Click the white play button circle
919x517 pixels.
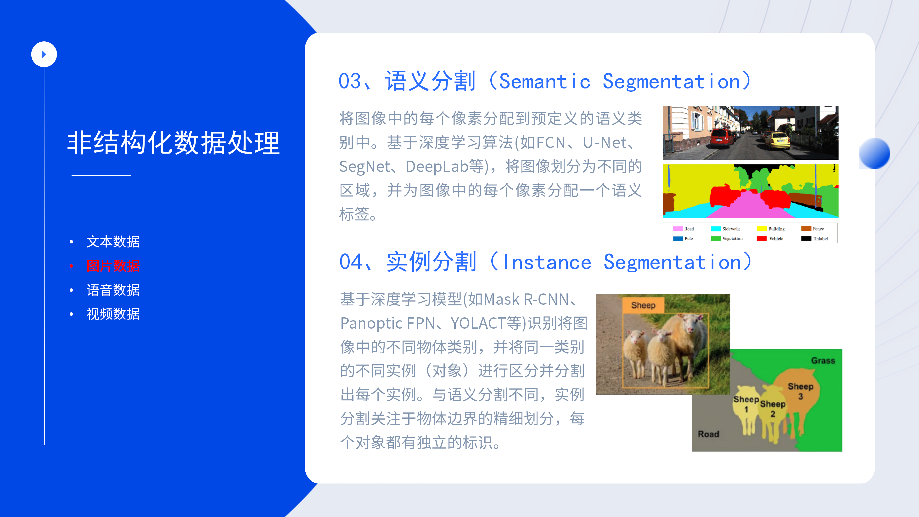click(x=44, y=54)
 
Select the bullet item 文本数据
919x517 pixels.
click(x=113, y=242)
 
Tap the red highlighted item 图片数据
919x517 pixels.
click(x=113, y=266)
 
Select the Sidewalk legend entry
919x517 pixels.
click(x=725, y=229)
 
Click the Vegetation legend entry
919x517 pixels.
click(x=727, y=239)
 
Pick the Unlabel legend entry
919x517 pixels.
click(x=814, y=239)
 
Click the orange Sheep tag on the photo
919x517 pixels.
click(x=643, y=305)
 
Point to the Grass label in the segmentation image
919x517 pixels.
click(x=823, y=361)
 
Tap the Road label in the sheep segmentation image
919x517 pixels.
click(x=708, y=434)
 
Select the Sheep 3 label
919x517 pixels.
click(x=801, y=391)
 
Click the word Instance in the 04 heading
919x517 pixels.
click(x=547, y=262)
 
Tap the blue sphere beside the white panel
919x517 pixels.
click(x=875, y=153)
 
